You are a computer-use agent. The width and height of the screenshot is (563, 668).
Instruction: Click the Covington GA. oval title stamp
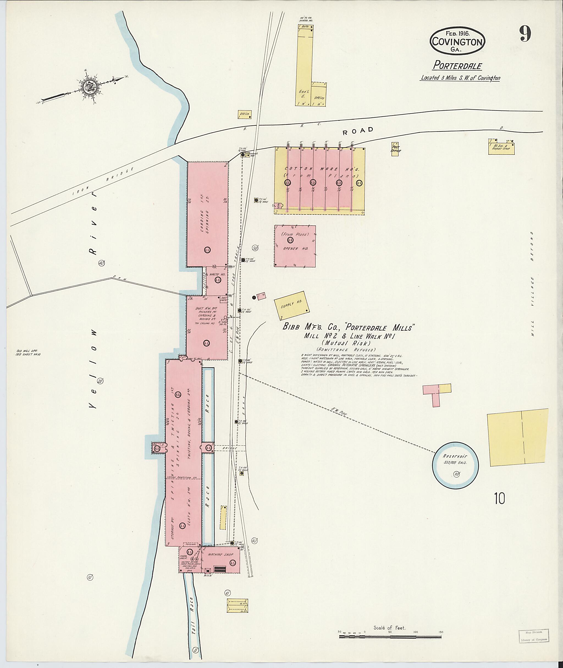pyautogui.click(x=457, y=41)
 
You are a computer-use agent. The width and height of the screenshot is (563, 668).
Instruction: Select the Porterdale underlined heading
pyautogui.click(x=457, y=66)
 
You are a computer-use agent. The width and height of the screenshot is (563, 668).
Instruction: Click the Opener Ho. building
pyautogui.click(x=295, y=246)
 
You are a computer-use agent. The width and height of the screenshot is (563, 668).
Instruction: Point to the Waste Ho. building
pyautogui.click(x=217, y=280)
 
